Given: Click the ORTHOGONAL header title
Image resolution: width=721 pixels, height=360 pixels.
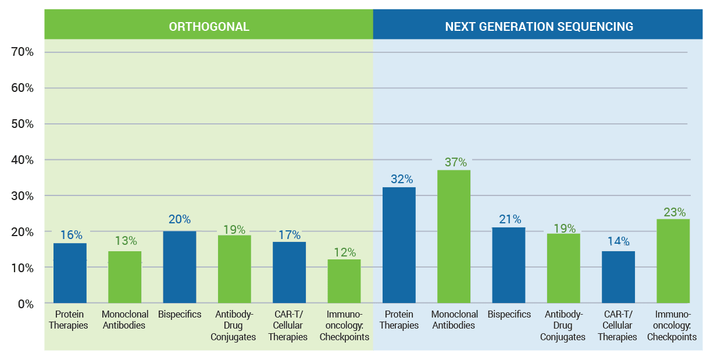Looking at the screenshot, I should point(209,27).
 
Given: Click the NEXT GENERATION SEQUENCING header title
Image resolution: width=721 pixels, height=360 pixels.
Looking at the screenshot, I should point(539,27).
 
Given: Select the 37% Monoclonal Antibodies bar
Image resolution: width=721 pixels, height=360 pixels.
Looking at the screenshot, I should point(454,237).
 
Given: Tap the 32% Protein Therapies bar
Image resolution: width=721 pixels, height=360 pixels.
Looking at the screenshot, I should point(399,245).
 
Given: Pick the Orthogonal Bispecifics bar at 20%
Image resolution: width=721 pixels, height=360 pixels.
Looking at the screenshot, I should point(180,268).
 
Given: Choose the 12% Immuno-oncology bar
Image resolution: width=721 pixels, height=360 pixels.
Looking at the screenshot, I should point(344,281).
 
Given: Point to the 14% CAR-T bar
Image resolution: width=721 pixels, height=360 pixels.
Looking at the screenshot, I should point(618,277).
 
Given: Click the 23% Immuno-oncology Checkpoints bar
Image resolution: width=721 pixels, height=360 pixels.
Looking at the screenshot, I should point(673,261).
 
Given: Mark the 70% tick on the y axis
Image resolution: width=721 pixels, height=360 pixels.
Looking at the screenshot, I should point(23,52).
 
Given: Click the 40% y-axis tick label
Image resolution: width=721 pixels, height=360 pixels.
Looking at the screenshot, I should point(23,160).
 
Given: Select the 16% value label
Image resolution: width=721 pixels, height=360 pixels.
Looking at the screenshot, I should point(71,235).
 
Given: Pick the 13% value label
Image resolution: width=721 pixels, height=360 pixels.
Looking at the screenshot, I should point(126,241).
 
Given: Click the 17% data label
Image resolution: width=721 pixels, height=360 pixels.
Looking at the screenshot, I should point(289,235).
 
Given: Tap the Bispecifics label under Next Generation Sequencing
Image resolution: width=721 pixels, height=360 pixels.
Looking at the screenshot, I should point(509,314).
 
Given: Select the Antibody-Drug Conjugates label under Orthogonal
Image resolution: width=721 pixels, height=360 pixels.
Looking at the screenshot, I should point(235,326).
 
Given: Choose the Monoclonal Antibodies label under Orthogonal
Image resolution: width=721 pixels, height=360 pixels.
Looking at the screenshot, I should point(125,320).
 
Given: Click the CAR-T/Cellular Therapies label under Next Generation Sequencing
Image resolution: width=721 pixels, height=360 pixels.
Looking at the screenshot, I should point(618,326).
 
